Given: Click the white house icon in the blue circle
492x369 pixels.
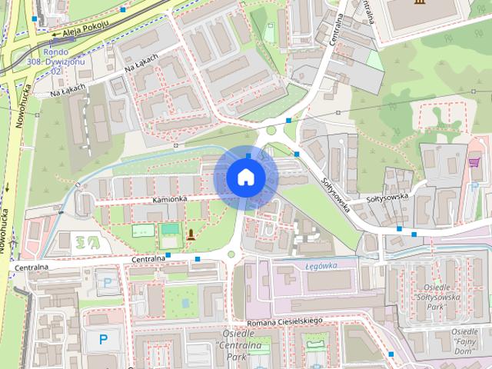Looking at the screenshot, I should coord(245,177).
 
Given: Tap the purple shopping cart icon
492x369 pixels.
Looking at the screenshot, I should coord(474,162).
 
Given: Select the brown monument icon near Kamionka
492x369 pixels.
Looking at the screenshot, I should coord(190,232).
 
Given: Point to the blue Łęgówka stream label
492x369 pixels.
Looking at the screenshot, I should coord(321,266).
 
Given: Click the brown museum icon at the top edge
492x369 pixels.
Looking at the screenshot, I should coord(417,4).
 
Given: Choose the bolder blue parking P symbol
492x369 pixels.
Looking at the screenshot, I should coord(103,338).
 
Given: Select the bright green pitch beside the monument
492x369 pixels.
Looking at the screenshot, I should coord(170,229).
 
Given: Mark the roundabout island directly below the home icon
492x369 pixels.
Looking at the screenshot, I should coord(231,254).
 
